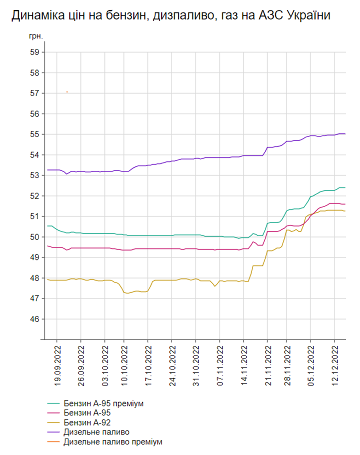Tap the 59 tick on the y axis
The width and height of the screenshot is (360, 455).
pyautogui.click(x=35, y=52)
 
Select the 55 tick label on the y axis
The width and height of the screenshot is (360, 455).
pyautogui.click(x=35, y=134)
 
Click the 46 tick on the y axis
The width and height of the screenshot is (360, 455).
pyautogui.click(x=35, y=319)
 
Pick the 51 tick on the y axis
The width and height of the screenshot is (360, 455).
pyautogui.click(x=35, y=216)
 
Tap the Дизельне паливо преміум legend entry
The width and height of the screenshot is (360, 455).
pyautogui.click(x=113, y=442)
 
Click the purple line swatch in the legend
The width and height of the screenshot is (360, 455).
pyautogui.click(x=53, y=432)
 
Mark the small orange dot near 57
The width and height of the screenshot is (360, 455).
pyautogui.click(x=67, y=92)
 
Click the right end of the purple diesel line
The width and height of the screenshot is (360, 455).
pyautogui.click(x=345, y=133)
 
